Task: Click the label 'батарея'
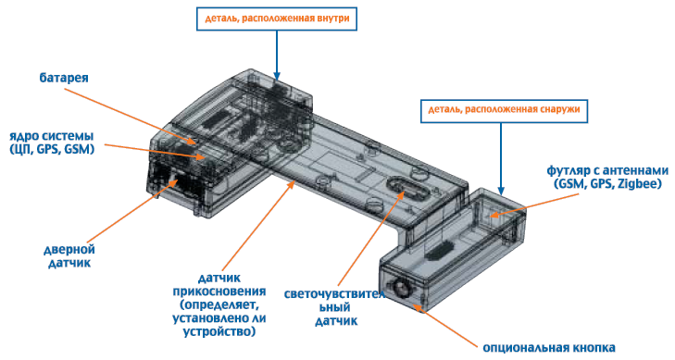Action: [64, 78]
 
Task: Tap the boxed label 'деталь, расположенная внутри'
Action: [277, 19]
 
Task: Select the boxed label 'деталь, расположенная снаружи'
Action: [504, 109]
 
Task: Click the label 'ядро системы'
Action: [52, 136]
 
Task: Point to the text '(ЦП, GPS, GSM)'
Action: [52, 149]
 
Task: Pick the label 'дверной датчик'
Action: [69, 256]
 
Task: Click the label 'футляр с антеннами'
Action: [607, 170]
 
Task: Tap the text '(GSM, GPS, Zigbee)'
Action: [607, 183]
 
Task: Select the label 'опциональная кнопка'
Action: [549, 348]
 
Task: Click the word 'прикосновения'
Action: [219, 292]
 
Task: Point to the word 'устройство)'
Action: [219, 332]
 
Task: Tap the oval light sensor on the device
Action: [406, 188]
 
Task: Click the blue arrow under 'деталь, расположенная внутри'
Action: [276, 56]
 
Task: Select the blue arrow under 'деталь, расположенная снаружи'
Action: [501, 159]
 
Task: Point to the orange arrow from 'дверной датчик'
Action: [132, 212]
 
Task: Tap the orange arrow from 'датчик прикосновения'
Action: [259, 226]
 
